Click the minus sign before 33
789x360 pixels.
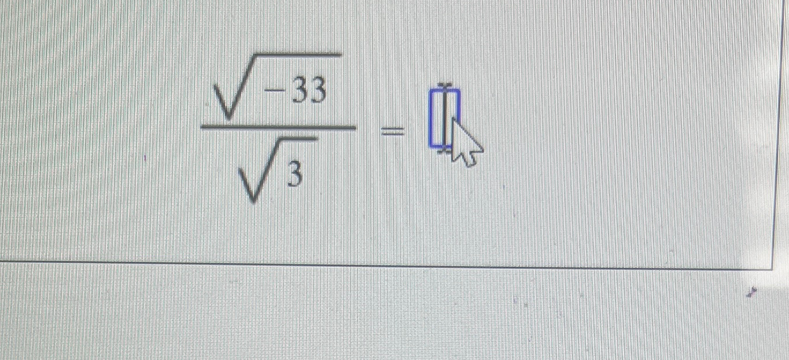click(x=274, y=93)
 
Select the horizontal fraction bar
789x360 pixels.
click(x=278, y=127)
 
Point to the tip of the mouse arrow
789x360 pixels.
click(x=452, y=118)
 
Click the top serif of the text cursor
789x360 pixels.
click(x=444, y=85)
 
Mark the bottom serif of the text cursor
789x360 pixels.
click(x=444, y=150)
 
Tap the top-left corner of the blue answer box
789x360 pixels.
click(x=431, y=91)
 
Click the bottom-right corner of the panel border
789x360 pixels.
click(x=773, y=269)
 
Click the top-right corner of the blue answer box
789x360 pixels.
click(x=459, y=91)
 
